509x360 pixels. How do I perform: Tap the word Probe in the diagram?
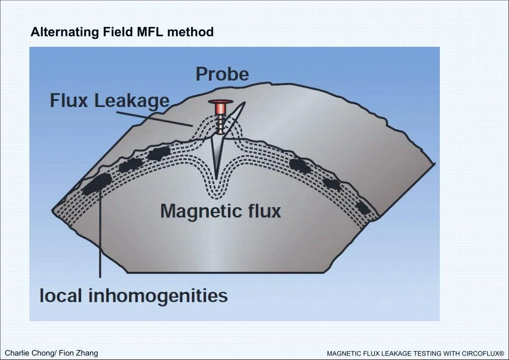point(222,74)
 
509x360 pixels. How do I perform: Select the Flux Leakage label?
point(109,101)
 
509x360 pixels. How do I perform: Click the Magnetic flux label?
point(220,211)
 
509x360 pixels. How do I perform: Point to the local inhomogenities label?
point(133,296)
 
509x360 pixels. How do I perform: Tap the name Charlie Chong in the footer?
point(28,353)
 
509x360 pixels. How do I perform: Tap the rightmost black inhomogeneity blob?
point(363,207)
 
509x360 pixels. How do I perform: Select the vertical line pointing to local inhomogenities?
point(100,234)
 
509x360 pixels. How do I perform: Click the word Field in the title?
point(117,32)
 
